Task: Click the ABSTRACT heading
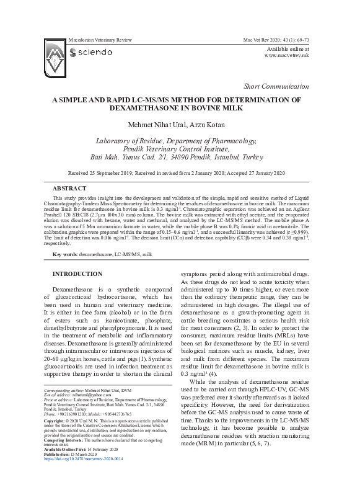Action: pos(69,188)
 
